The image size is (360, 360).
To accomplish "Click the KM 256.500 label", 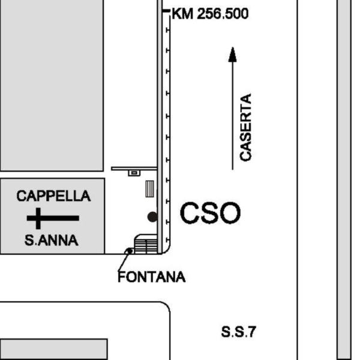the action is click(x=210, y=14).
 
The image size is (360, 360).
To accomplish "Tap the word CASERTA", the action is click(x=245, y=127).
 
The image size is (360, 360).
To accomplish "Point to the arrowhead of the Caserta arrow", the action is click(x=233, y=55).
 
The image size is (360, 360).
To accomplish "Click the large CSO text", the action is click(x=211, y=213).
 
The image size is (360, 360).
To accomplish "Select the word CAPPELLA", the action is click(x=53, y=196).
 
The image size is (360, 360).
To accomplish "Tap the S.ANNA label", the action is click(x=52, y=240).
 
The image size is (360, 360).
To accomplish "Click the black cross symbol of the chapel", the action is click(x=53, y=218).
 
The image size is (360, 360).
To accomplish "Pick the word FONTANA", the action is click(x=152, y=277).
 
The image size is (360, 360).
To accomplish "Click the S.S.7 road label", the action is click(x=239, y=332).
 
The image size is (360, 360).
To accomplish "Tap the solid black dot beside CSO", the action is click(x=152, y=217).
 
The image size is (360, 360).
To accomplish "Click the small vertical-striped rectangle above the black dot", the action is click(x=149, y=189).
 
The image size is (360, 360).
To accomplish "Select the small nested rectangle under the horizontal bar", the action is click(x=134, y=173).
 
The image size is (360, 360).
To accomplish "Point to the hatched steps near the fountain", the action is click(x=146, y=246).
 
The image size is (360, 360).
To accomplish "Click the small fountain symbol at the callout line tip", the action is click(x=130, y=251).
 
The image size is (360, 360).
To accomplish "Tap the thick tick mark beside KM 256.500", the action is click(x=166, y=11).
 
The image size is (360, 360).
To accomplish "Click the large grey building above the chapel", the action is click(x=52, y=85).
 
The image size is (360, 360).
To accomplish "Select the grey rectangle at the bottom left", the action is click(x=53, y=349).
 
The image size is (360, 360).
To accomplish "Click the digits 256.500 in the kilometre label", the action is click(x=223, y=14).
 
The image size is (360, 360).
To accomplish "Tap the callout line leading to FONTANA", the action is click(x=124, y=261).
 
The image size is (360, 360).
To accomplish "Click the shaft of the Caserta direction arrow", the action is click(x=233, y=116).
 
